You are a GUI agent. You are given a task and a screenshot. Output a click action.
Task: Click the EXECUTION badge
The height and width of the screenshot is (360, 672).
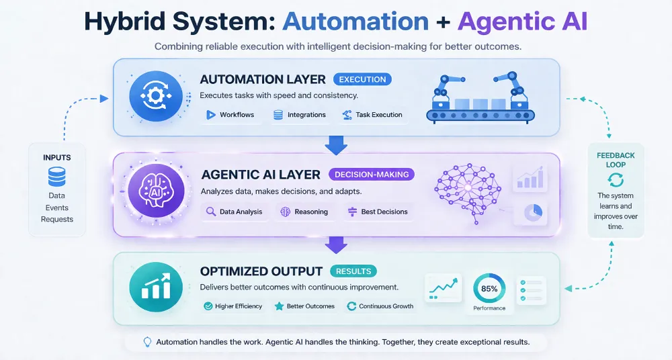pyautogui.click(x=362, y=79)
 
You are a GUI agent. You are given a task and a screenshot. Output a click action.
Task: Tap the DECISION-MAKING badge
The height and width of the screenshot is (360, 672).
pyautogui.click(x=372, y=174)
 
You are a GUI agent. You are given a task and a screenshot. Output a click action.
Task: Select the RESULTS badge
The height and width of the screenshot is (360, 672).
pyautogui.click(x=353, y=271)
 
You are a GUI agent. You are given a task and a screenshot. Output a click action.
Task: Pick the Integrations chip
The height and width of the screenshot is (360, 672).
pyautogui.click(x=300, y=115)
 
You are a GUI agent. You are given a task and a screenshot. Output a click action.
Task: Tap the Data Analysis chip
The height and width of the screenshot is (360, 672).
pyautogui.click(x=235, y=212)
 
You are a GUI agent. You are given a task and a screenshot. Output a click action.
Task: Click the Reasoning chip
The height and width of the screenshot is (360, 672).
pyautogui.click(x=304, y=212)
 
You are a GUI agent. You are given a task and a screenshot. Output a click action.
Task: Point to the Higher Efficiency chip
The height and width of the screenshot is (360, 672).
pyautogui.click(x=235, y=306)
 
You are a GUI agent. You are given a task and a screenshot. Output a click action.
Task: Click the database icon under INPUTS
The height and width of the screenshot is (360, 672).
pyautogui.click(x=57, y=177)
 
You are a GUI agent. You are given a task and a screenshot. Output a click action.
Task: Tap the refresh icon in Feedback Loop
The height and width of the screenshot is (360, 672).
pyautogui.click(x=615, y=179)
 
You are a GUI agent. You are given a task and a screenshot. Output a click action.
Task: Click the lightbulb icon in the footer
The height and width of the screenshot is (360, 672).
pyautogui.click(x=147, y=342)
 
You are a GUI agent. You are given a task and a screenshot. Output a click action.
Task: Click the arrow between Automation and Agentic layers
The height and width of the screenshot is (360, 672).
pyautogui.click(x=335, y=143)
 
